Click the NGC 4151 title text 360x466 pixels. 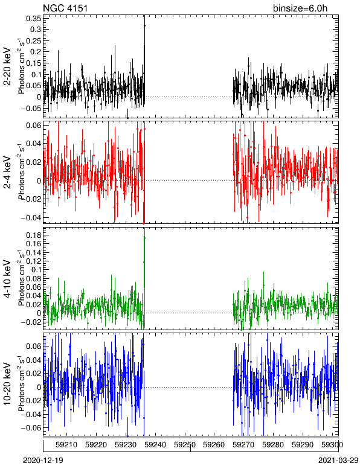65,8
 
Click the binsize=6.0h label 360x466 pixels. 300,8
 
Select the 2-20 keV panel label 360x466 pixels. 7,66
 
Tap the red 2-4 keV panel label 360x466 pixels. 7,173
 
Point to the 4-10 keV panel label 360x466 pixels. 7,279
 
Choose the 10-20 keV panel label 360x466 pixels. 7,384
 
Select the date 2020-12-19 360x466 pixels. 43,461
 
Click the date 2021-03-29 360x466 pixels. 338,461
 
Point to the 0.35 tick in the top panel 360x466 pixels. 34,19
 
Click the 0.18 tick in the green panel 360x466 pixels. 34,235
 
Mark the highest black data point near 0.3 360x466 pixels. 144,26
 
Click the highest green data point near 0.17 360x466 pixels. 144,238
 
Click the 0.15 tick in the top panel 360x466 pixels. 34,63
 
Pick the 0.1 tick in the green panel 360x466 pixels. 36,270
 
